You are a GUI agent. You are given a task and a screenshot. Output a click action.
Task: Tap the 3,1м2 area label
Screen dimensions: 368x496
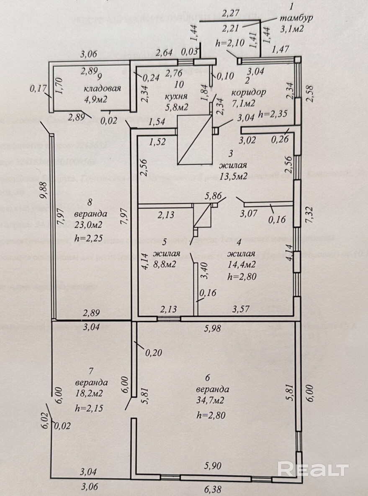(292, 28)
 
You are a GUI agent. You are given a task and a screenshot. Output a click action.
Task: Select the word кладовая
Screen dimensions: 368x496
(102, 88)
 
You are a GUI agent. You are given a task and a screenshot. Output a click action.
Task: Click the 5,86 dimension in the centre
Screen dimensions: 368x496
(212, 195)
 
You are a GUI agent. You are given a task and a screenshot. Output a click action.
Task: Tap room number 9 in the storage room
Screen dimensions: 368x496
(99, 77)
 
